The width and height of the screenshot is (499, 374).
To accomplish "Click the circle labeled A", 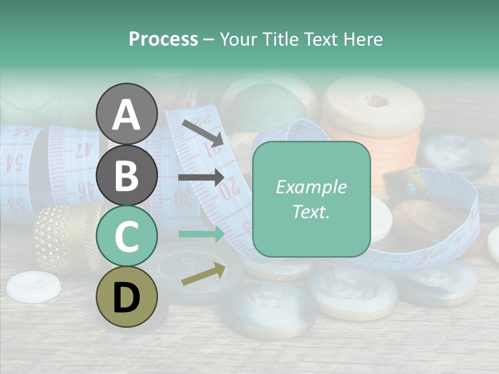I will (126, 114).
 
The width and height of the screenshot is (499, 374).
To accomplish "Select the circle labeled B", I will (126, 175).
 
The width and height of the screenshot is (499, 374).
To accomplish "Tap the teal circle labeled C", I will (126, 236).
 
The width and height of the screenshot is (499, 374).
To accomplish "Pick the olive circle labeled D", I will (126, 297).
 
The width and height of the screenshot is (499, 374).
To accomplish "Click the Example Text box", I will (311, 199).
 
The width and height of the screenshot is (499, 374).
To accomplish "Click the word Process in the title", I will (163, 39).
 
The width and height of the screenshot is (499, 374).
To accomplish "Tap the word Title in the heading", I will (281, 39).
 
